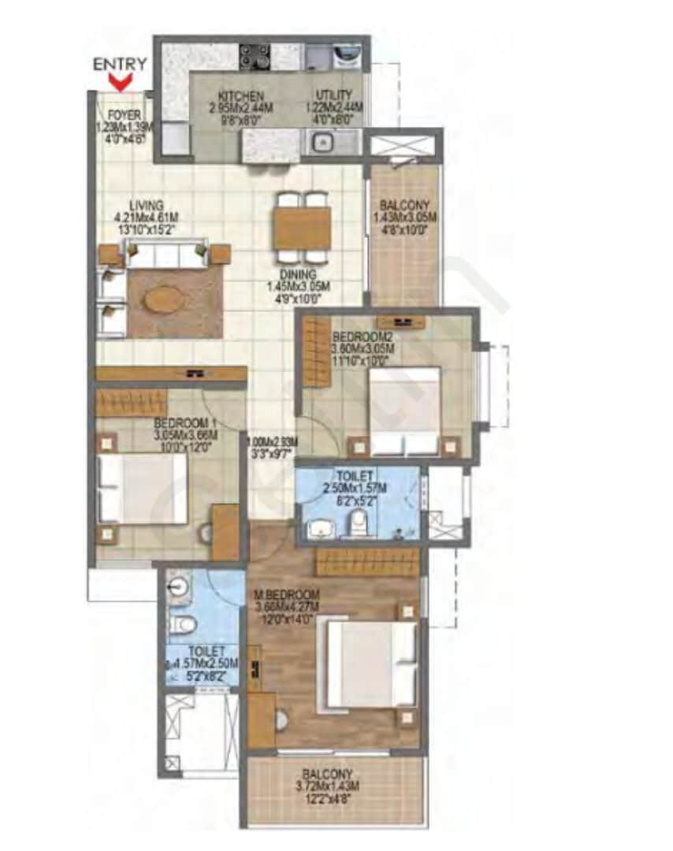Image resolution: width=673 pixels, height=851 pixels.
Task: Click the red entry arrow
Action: pos(120,81)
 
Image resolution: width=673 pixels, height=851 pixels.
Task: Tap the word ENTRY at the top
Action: pos(120,65)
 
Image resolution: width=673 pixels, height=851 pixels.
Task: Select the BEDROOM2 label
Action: pos(364,334)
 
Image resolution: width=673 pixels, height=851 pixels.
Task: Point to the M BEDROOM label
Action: pos(288,594)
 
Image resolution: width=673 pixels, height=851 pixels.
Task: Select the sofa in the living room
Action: pos(164,255)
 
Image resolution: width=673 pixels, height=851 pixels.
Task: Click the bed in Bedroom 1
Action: pos(143,489)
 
